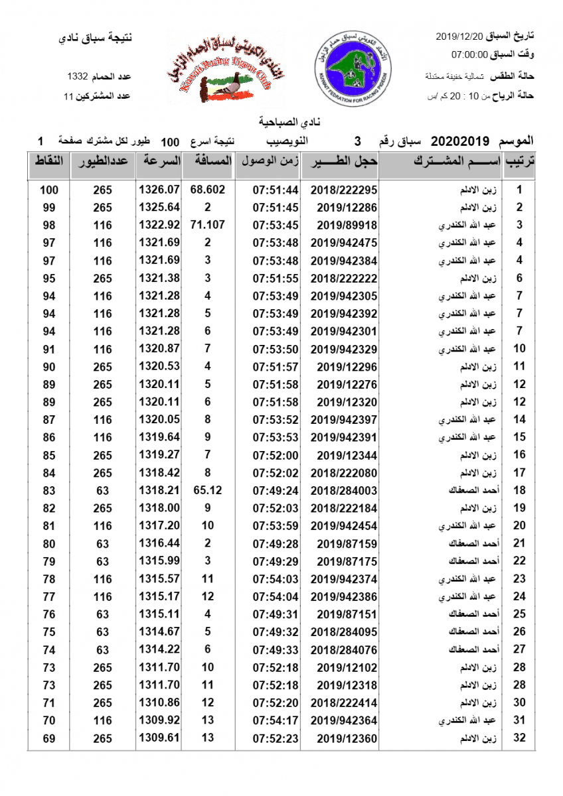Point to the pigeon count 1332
(82, 76)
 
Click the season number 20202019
(460, 141)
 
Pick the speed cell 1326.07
(159, 190)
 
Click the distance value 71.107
(208, 225)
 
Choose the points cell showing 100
(49, 190)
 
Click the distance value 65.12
(208, 490)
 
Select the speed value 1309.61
(159, 738)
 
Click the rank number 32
(520, 738)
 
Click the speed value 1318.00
(159, 508)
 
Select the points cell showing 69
(49, 738)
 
